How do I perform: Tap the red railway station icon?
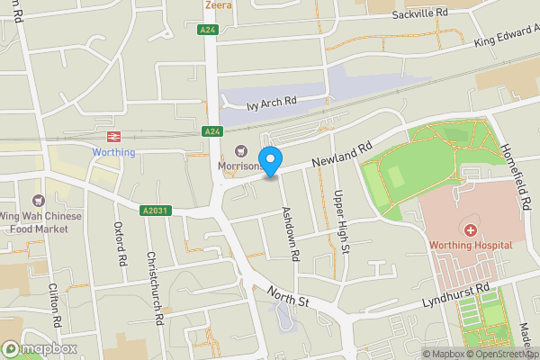pyautogui.click(x=113, y=137)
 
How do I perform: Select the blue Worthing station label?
pyautogui.click(x=113, y=152)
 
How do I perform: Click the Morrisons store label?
pyautogui.click(x=239, y=166)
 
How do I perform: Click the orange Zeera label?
pyautogui.click(x=218, y=5)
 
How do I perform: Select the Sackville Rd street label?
pyautogui.click(x=419, y=14)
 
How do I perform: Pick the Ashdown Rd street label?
pyautogui.click(x=290, y=234)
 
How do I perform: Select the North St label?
pyautogui.click(x=288, y=296)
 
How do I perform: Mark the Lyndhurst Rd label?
pyautogui.click(x=457, y=298)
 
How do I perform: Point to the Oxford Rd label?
pyautogui.click(x=120, y=244)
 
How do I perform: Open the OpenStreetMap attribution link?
pyautogui.click(x=504, y=354)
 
